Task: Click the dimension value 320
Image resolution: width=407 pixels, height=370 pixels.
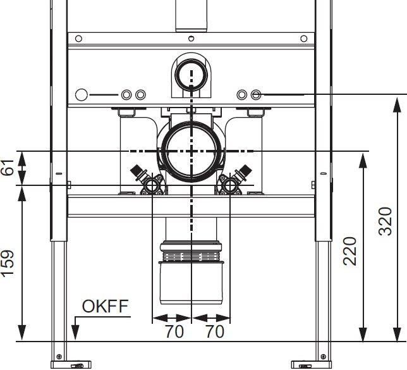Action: (x=386, y=221)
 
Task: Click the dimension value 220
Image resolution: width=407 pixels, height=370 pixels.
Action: (x=349, y=251)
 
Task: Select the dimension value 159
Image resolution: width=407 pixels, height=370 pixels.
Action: (x=8, y=264)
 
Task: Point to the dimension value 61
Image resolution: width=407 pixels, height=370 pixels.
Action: (x=8, y=168)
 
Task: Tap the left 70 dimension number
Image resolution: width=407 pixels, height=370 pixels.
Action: (x=174, y=331)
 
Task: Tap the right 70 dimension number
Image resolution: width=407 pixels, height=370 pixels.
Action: (x=215, y=331)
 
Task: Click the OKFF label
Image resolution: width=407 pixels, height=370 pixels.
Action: (x=105, y=306)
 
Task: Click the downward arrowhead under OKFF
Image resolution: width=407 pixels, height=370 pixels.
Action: (x=75, y=332)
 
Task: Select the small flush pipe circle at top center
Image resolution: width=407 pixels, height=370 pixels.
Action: (x=191, y=75)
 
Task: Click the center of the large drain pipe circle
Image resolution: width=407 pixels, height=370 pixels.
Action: (x=191, y=151)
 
